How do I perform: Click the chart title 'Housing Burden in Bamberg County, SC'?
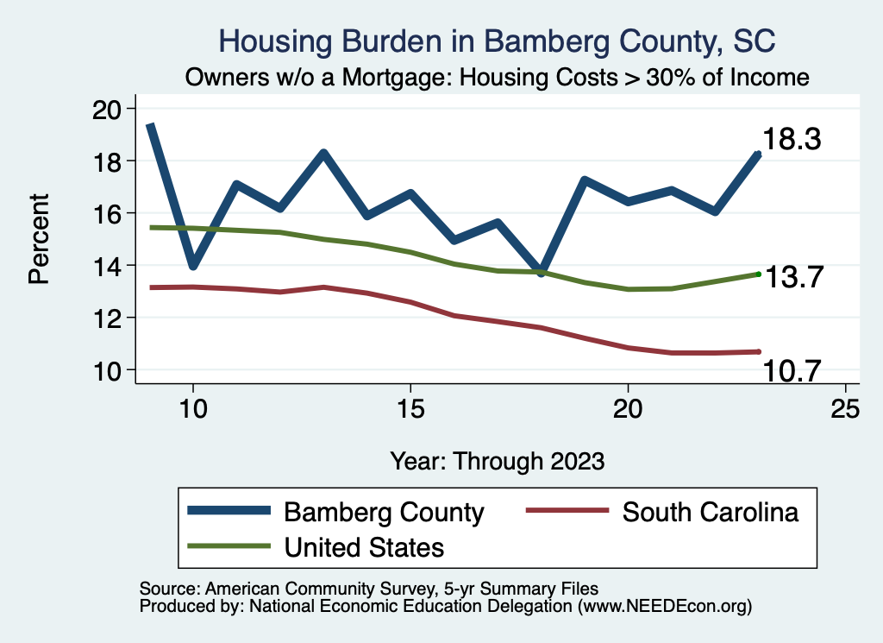pos(498,41)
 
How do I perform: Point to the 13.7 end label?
pos(796,278)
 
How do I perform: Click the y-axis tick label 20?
pos(110,109)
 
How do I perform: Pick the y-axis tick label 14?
pos(110,266)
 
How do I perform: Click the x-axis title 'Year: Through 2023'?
pos(498,460)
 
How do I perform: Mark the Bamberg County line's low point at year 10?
pos(193,265)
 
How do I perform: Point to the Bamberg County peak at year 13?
pos(323,154)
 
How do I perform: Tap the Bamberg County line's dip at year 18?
pos(541,272)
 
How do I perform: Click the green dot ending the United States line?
pos(758,274)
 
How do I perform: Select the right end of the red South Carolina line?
pos(758,351)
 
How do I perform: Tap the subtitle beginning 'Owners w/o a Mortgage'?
pos(498,77)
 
